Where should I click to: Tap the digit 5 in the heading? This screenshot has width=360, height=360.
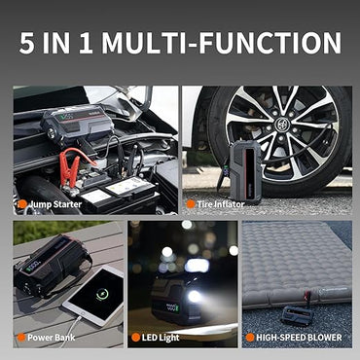[27, 43]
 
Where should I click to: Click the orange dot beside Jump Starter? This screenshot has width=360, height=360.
[21, 203]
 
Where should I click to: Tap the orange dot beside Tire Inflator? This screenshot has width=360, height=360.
[191, 203]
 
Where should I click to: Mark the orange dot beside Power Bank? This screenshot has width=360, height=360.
[21, 338]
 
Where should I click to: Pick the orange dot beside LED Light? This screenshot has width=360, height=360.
[136, 338]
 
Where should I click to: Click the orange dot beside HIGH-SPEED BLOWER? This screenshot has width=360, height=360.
[250, 338]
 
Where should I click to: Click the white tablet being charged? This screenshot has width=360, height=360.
[92, 297]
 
